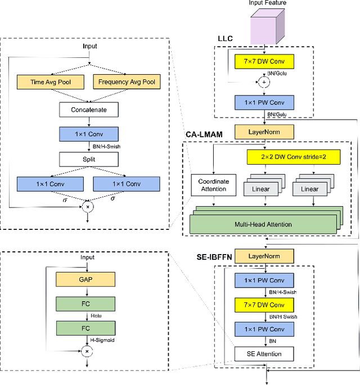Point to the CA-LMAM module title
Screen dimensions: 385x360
click(x=206, y=135)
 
